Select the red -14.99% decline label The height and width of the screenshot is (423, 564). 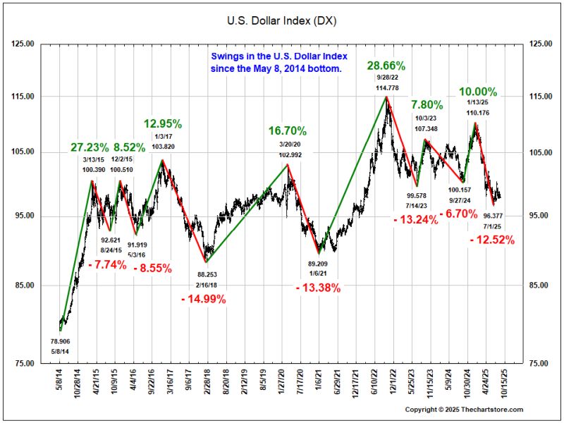(x=203, y=299)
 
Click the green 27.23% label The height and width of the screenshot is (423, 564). (x=90, y=147)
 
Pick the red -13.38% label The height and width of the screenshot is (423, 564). (x=318, y=288)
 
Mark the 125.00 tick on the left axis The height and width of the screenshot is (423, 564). (x=24, y=44)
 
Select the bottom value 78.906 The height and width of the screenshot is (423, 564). (x=61, y=341)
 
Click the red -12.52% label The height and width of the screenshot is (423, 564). (x=491, y=240)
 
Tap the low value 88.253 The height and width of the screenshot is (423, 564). (x=207, y=274)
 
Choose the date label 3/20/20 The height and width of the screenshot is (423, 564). (x=288, y=145)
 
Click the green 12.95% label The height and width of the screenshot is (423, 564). (x=163, y=124)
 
